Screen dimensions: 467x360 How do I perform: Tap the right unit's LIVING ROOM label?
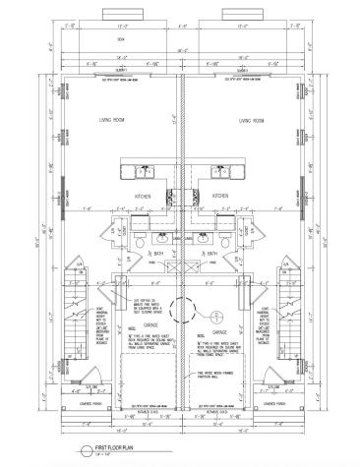252,121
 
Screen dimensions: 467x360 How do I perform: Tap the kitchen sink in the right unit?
218,174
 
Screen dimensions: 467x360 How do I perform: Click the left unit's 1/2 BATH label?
155,254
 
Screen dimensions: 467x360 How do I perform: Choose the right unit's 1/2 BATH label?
210,254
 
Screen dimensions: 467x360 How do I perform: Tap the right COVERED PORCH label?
286,401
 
